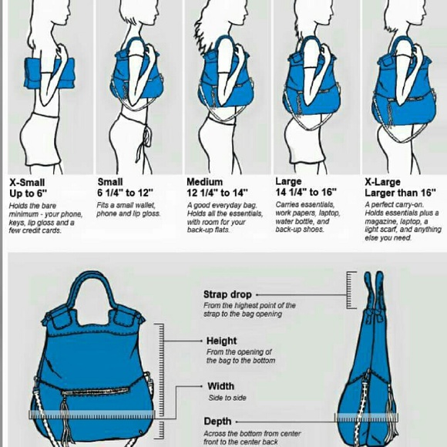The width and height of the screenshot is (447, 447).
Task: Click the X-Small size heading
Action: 27,183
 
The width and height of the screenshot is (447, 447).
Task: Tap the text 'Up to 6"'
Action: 28,193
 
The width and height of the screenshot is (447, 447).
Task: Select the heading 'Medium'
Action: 204,182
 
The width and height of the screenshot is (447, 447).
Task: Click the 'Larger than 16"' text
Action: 400,193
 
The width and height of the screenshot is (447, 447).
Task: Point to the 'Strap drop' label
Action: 227,294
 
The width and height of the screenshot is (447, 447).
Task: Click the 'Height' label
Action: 221,341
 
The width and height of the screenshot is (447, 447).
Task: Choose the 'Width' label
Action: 221,386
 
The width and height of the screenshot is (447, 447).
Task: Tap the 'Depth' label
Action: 217,422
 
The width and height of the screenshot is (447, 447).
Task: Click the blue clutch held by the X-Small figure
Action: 49,73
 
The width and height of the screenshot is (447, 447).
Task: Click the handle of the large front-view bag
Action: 92,288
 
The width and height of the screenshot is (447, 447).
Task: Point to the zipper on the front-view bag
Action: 96,392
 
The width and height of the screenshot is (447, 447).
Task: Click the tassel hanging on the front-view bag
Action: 66,422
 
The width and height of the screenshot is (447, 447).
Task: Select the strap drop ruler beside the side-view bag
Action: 351,290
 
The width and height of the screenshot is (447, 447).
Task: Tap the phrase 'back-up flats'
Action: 208,230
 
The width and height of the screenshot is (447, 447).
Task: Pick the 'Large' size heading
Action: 288,182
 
